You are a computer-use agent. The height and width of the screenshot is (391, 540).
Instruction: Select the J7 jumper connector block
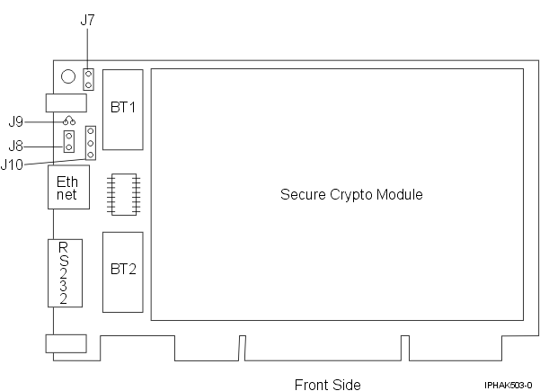tap(88, 79)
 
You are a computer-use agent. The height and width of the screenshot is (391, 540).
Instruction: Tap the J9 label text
tap(16, 121)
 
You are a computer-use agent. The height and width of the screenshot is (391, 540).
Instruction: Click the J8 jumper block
tap(69, 141)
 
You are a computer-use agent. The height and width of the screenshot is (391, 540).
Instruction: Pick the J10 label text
tap(13, 164)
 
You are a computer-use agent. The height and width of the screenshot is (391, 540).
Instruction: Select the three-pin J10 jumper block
tap(90, 142)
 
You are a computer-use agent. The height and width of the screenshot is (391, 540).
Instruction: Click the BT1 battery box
tap(122, 109)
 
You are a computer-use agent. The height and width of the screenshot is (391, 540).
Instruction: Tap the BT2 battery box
tap(122, 271)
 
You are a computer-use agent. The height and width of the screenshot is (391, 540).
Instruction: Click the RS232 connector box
tap(64, 273)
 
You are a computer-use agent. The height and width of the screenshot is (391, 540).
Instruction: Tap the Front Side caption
tap(327, 385)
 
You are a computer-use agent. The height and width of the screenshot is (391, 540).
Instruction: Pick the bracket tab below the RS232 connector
tap(65, 342)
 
